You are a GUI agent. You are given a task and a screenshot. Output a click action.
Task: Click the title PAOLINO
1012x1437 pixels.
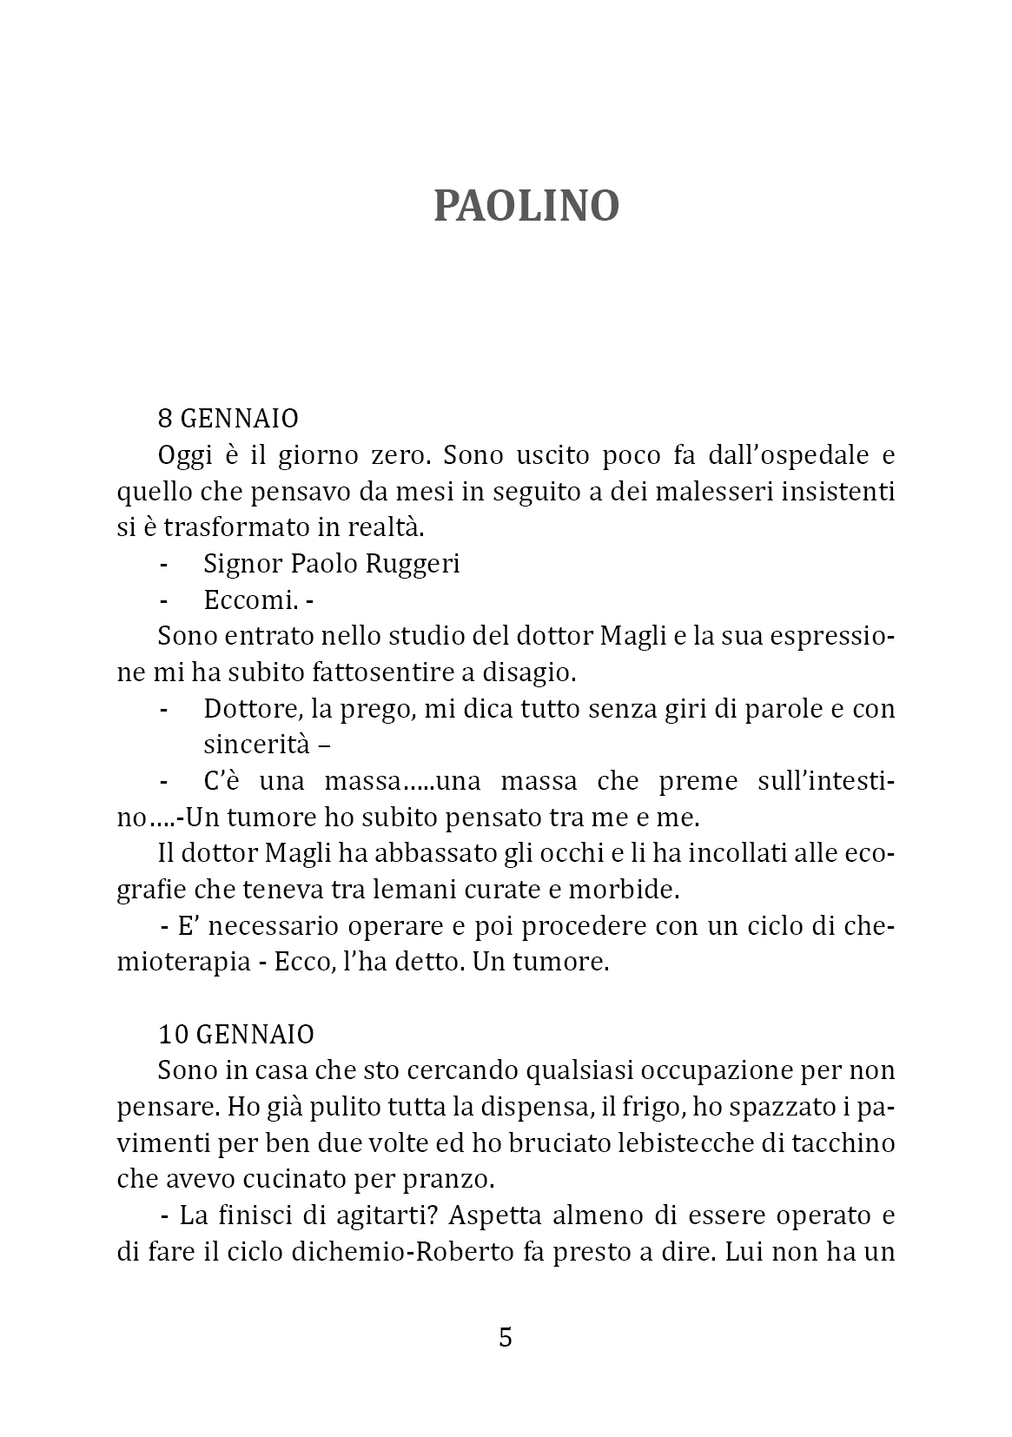coord(526,207)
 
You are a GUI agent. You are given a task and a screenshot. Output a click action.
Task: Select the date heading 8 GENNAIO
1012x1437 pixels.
coord(228,419)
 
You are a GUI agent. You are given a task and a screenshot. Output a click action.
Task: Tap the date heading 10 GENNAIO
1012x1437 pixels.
coord(235,1035)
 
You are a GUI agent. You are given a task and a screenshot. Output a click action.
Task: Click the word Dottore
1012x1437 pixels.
coord(253,709)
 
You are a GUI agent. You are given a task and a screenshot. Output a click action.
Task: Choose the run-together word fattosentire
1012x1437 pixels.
coord(399,672)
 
